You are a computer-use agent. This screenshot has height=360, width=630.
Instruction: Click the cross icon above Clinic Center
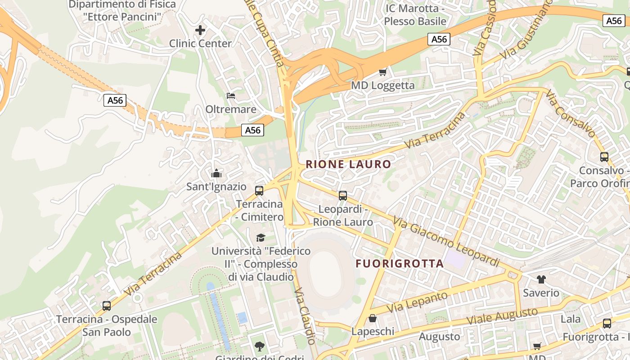[200, 30]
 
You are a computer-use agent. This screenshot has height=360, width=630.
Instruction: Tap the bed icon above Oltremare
[231, 96]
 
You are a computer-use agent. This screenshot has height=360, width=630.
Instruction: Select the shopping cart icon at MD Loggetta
[383, 72]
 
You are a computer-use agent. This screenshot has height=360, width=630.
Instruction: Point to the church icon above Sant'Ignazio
[216, 173]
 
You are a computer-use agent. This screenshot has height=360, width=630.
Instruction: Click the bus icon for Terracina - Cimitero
[259, 190]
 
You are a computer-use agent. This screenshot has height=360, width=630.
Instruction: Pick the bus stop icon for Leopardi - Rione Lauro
[343, 195]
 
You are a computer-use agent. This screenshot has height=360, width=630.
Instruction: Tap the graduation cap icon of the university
[261, 237]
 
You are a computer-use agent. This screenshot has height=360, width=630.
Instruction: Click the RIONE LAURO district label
[348, 164]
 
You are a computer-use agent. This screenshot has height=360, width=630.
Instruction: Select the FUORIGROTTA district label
[400, 264]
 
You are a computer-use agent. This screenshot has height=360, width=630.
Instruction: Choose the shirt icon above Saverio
[541, 279]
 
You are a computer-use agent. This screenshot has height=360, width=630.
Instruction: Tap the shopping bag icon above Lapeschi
[373, 318]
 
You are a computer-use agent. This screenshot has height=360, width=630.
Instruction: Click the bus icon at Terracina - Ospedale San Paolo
[107, 306]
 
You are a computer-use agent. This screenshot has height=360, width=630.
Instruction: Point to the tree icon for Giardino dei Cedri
[259, 346]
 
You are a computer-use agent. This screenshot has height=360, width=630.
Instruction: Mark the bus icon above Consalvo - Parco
[604, 157]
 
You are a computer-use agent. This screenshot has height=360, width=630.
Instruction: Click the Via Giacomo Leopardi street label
[446, 242]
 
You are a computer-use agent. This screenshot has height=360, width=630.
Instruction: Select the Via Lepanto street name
[418, 302]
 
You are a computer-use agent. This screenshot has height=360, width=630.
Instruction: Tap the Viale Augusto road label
[502, 316]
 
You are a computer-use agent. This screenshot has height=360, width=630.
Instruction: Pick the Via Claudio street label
[305, 317]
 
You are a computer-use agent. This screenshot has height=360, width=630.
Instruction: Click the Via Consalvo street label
[570, 113]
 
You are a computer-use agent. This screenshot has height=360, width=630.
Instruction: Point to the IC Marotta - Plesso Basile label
[415, 15]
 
